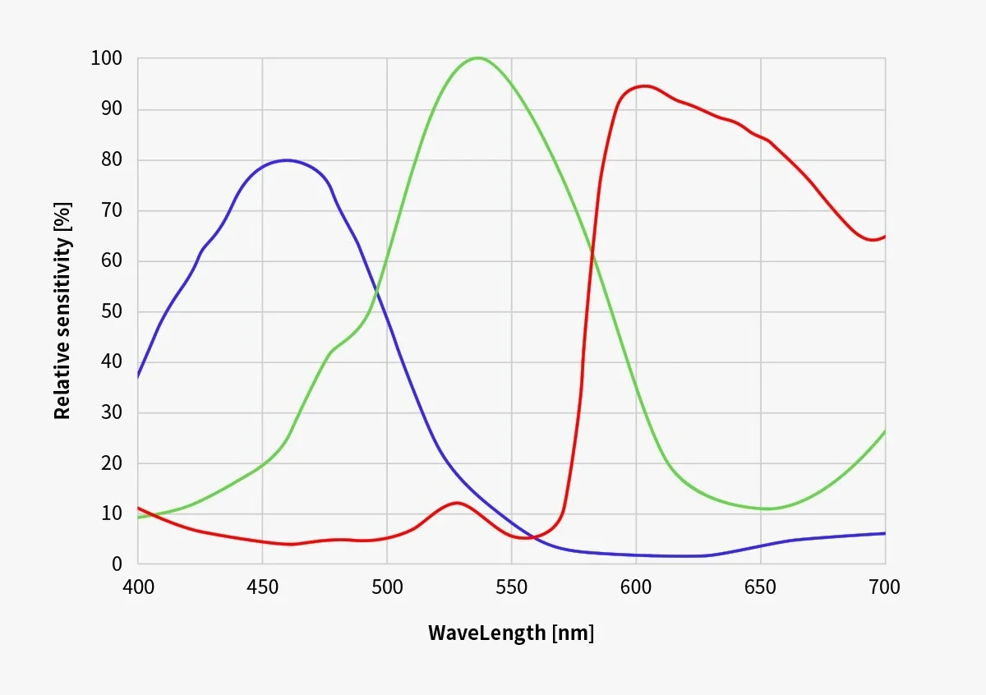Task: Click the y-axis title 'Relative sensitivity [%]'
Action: tap(62, 311)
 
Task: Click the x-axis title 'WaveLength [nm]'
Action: tap(510, 633)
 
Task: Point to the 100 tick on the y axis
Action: tap(106, 58)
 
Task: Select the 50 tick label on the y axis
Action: tap(111, 311)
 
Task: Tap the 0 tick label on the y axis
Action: tap(117, 564)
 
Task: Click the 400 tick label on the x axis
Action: tap(137, 587)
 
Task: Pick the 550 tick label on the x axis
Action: tap(511, 587)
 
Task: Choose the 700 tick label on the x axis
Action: tap(884, 587)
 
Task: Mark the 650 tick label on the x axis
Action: tap(760, 587)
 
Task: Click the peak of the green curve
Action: tap(478, 58)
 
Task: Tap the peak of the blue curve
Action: tap(286, 160)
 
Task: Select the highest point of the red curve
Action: tap(645, 85)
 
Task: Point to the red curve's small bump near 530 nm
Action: tap(457, 502)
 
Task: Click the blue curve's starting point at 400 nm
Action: tap(138, 377)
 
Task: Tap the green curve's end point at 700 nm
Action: tap(885, 430)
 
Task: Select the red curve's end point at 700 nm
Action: tap(885, 237)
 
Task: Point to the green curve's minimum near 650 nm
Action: tap(768, 509)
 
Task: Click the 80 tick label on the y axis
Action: tap(111, 159)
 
